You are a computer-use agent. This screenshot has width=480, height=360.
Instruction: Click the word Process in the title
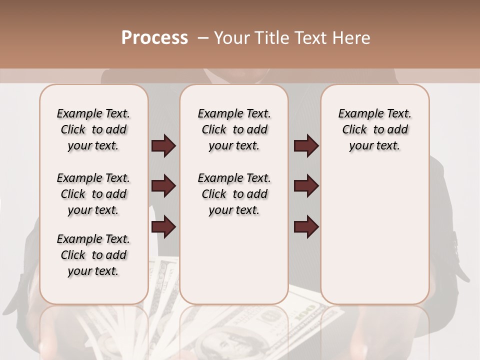pyautogui.click(x=154, y=38)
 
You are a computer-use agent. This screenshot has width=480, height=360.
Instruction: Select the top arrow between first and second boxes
pyautogui.click(x=163, y=146)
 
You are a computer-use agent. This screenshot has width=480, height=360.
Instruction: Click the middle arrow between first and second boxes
pyautogui.click(x=163, y=186)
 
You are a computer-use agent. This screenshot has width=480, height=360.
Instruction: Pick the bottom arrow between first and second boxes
pyautogui.click(x=163, y=227)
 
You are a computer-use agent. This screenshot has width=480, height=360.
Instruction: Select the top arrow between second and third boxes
pyautogui.click(x=306, y=146)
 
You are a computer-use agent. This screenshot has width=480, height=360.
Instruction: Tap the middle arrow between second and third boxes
pyautogui.click(x=306, y=186)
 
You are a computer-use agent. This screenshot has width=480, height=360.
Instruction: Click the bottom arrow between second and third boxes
pyautogui.click(x=306, y=227)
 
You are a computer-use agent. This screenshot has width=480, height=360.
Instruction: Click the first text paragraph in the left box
pyautogui.click(x=93, y=129)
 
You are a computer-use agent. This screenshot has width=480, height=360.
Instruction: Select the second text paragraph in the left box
pyautogui.click(x=93, y=194)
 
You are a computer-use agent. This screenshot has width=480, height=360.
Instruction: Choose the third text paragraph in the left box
pyautogui.click(x=93, y=255)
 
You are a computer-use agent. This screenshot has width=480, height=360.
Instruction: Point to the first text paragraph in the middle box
pyautogui.click(x=234, y=129)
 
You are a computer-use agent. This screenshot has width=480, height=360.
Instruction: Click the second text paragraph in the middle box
pyautogui.click(x=234, y=194)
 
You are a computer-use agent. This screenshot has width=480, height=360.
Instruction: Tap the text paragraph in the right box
pyautogui.click(x=375, y=129)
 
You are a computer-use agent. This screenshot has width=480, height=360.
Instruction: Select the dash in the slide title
pyautogui.click(x=203, y=38)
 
